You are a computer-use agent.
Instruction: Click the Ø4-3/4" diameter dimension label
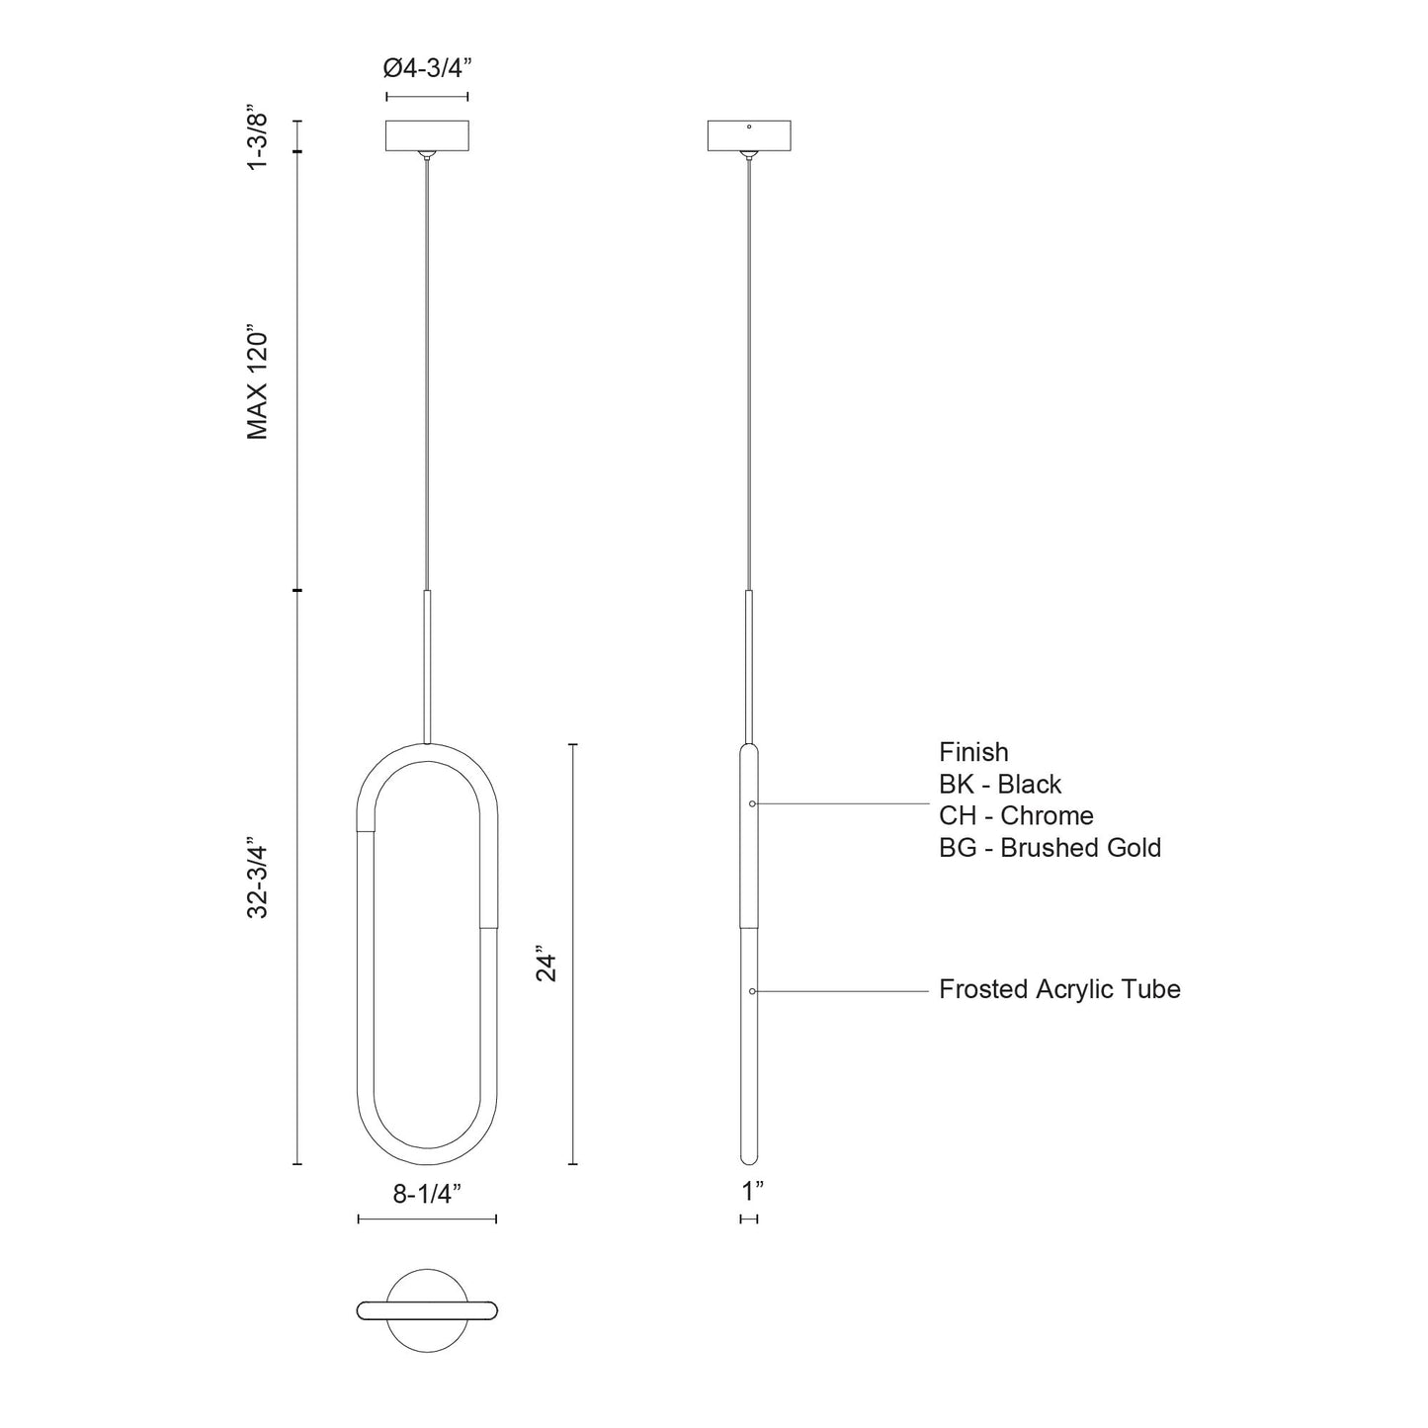(426, 70)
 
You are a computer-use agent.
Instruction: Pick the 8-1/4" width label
(427, 1194)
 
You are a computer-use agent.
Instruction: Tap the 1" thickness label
(753, 1192)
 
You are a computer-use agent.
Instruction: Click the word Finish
(973, 752)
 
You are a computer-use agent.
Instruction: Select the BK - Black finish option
(1000, 785)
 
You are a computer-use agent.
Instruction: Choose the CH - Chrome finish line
(1016, 816)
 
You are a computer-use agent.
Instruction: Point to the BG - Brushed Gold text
(1050, 848)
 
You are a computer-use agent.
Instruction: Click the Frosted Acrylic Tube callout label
(1059, 989)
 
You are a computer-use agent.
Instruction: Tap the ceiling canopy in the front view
(427, 135)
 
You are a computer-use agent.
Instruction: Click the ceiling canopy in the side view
(750, 136)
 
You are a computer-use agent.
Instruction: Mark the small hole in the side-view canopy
(750, 127)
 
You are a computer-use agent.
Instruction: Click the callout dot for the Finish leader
(753, 804)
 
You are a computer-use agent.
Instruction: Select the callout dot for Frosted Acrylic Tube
(753, 990)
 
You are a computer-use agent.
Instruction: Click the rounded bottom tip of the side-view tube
(749, 1158)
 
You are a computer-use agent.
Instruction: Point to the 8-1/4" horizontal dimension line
(427, 1219)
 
